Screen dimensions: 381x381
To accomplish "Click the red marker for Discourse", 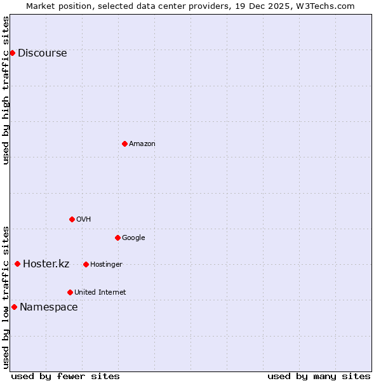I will click(x=12, y=53).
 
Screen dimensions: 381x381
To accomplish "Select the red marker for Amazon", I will click(x=124, y=144).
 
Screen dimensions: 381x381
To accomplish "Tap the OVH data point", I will click(x=72, y=219).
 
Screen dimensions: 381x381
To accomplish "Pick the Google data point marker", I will click(x=117, y=237).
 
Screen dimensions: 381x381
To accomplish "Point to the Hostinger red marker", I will click(x=86, y=264).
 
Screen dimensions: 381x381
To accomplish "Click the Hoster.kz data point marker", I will click(x=17, y=264).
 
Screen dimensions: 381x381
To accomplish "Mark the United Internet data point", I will click(x=70, y=292).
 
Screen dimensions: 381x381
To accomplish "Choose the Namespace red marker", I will click(x=14, y=307).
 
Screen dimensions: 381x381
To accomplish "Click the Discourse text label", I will click(x=42, y=53).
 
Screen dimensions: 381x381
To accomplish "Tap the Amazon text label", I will click(x=142, y=144).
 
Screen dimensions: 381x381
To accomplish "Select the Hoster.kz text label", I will click(x=46, y=264).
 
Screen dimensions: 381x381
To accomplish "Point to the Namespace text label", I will click(x=48, y=307).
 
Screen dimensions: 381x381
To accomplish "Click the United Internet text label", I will click(x=100, y=293).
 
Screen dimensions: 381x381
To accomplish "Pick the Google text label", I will click(x=133, y=238).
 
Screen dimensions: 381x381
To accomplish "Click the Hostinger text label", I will click(x=106, y=265).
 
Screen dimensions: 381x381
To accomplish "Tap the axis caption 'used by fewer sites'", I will click(x=65, y=376).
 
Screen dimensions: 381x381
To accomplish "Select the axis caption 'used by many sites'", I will click(x=319, y=376).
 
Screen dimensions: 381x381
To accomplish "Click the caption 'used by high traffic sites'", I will click(x=6, y=90).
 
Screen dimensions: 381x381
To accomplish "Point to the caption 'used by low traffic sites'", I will click(x=6, y=297).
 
